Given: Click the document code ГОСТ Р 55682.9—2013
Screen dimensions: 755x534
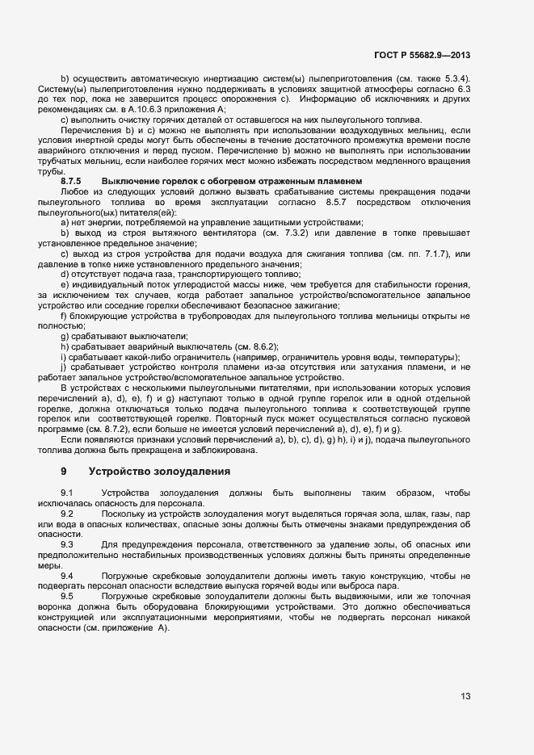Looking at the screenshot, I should (x=422, y=56).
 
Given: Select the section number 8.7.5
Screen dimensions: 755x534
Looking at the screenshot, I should (x=73, y=179).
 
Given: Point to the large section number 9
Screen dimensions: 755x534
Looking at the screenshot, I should (x=64, y=471).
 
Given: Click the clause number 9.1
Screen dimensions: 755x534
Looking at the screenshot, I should (x=67, y=493).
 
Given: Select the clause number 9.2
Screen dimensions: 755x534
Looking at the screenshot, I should (x=67, y=514).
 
